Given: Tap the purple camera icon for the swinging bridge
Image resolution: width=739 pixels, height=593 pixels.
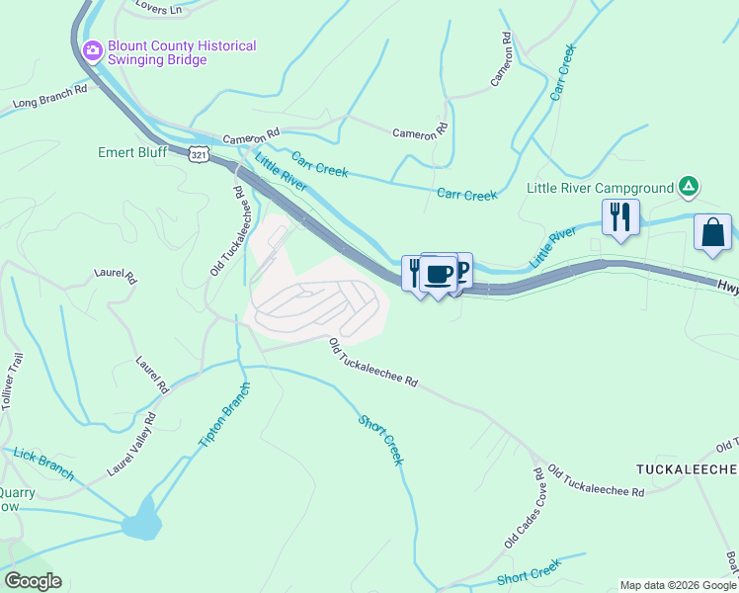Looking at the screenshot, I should tap(93, 49).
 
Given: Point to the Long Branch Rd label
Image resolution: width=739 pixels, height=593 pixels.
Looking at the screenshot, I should tap(50, 96).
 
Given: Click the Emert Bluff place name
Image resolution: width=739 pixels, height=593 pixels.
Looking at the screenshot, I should tap(133, 153).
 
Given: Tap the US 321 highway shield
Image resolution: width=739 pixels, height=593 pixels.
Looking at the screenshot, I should tap(200, 155).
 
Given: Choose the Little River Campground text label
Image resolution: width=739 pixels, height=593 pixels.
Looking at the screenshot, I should tap(599, 188).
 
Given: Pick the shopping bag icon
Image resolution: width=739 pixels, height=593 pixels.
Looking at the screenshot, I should tap(713, 234).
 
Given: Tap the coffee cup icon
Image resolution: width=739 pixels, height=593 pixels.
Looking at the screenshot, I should tap(439, 273).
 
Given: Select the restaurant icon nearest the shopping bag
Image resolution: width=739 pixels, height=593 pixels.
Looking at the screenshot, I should tap(620, 217).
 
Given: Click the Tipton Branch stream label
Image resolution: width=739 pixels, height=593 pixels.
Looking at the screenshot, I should tap(224, 413).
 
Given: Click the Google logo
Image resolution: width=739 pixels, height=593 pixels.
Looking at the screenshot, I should tap(33, 581).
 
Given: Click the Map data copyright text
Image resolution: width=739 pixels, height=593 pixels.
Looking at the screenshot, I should tap(679, 585).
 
